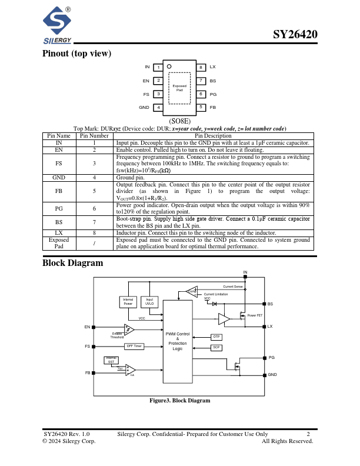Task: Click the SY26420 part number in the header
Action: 295,34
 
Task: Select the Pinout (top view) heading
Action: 76,54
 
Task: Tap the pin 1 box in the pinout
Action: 158,68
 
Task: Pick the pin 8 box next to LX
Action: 201,68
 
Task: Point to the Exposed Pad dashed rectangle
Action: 179,88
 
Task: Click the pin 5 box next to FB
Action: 201,107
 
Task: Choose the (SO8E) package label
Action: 179,121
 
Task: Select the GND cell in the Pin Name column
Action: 59,177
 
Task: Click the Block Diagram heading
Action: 72,263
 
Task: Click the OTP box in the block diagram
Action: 216,337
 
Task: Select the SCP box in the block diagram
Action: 216,348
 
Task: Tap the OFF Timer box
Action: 134,346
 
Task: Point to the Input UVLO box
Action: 149,301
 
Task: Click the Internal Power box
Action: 128,301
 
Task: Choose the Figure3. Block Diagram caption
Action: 179,401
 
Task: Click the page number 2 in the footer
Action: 308,434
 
